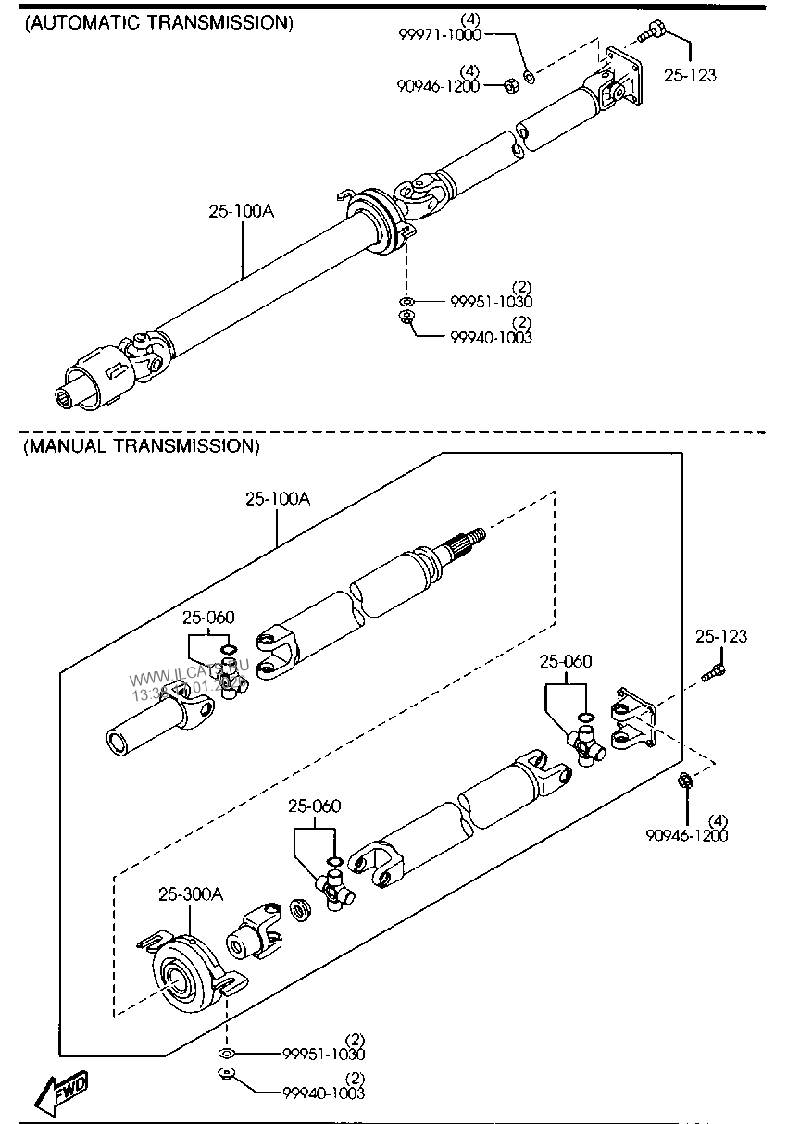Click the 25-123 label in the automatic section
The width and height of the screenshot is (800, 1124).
pyautogui.click(x=690, y=75)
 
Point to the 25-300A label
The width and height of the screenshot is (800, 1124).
pyautogui.click(x=191, y=893)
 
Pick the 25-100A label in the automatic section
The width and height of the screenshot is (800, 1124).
pyautogui.click(x=241, y=211)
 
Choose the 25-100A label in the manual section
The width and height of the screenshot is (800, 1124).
pyautogui.click(x=278, y=499)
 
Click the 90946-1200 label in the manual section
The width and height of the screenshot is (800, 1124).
pyautogui.click(x=687, y=835)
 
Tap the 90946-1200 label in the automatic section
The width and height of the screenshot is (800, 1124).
pyautogui.click(x=439, y=86)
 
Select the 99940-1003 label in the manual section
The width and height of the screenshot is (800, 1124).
pyautogui.click(x=323, y=1093)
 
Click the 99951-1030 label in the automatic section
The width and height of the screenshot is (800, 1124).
pyautogui.click(x=491, y=302)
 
